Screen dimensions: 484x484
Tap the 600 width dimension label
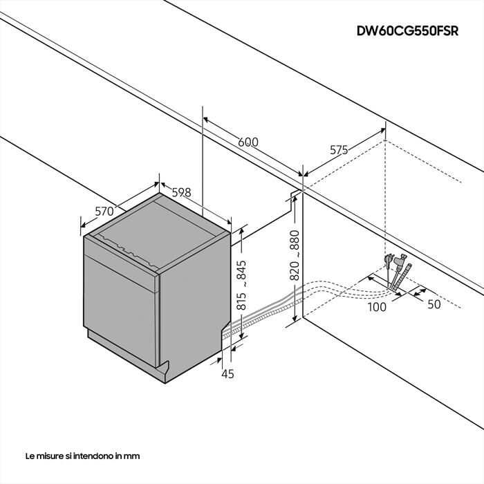click(x=248, y=142)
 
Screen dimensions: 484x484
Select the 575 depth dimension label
click(x=338, y=150)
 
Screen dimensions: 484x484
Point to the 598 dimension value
click(x=180, y=192)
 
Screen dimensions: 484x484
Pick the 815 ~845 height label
click(x=240, y=283)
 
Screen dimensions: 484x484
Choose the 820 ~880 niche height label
click(x=295, y=254)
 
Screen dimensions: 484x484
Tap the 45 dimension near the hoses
click(x=227, y=374)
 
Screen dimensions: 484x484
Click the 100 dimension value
click(x=377, y=307)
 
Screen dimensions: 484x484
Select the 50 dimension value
click(x=434, y=304)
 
